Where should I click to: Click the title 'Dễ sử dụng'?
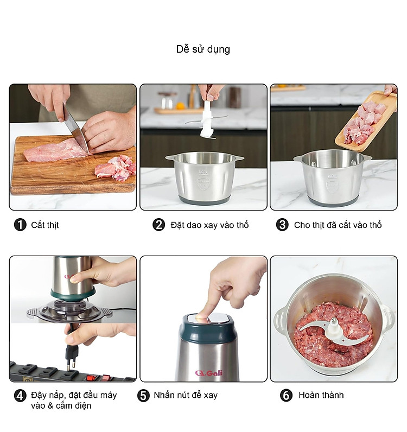[x=203, y=49]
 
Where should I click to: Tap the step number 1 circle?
[x=20, y=225]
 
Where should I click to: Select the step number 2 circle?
[x=158, y=225]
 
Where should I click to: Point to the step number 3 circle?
[x=282, y=225]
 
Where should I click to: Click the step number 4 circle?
[x=20, y=396]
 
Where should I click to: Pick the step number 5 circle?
[x=143, y=396]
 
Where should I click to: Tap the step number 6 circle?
[x=286, y=396]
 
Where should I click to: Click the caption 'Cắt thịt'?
[x=45, y=225]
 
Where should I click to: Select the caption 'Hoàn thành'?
[x=321, y=395]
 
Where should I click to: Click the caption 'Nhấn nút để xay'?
[x=186, y=395]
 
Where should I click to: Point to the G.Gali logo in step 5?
[x=208, y=373]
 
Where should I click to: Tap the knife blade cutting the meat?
[x=75, y=128]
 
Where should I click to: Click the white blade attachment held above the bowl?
[x=207, y=119]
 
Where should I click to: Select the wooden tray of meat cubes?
[x=366, y=122]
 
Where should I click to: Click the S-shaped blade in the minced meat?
[x=334, y=332]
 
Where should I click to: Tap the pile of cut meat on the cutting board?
[x=116, y=168]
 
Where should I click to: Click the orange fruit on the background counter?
[x=180, y=106]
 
